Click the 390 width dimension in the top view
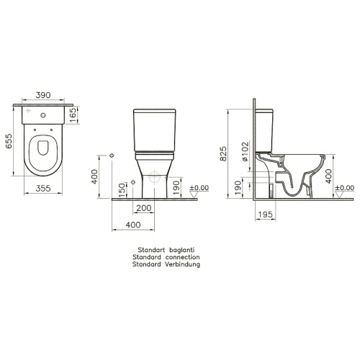pyautogui.click(x=42, y=94)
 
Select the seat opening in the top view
pyautogui.click(x=43, y=150)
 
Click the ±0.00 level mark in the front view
pyautogui.click(x=199, y=188)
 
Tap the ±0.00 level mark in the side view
pyautogui.click(x=346, y=188)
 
